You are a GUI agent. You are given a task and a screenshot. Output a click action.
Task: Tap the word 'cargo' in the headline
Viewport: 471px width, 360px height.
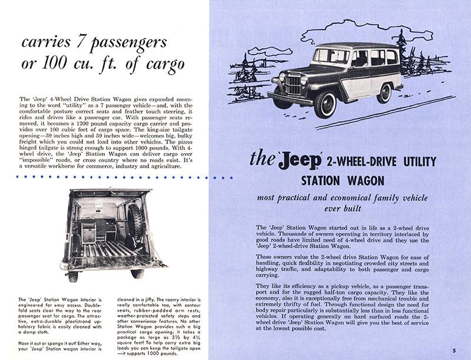165,63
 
